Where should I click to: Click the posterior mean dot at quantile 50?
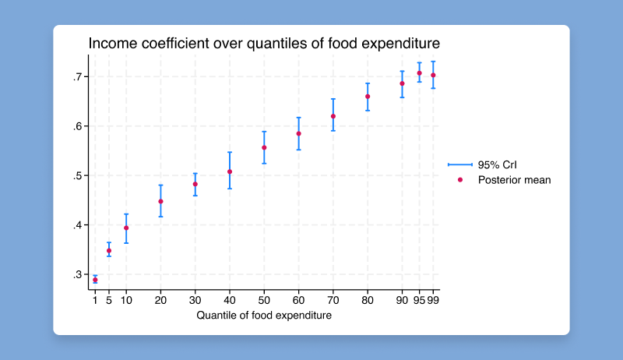(264, 147)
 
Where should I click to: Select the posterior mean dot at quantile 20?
(160, 201)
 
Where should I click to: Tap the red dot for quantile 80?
(368, 97)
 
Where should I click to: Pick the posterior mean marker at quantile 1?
(95, 280)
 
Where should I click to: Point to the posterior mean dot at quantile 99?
(433, 76)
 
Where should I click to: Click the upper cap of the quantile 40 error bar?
(230, 153)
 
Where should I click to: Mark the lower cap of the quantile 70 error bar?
(333, 130)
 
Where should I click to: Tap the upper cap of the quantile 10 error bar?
(126, 214)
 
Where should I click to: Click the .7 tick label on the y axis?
(76, 76)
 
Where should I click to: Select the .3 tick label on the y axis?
(76, 274)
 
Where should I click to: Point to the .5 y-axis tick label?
(76, 175)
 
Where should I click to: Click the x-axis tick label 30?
(195, 300)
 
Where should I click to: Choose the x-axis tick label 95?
(418, 300)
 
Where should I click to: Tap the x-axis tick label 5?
(109, 300)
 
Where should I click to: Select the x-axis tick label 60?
(298, 300)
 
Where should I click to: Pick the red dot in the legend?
(460, 180)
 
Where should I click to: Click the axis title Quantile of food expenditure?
(264, 316)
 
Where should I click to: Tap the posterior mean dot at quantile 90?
(403, 83)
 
